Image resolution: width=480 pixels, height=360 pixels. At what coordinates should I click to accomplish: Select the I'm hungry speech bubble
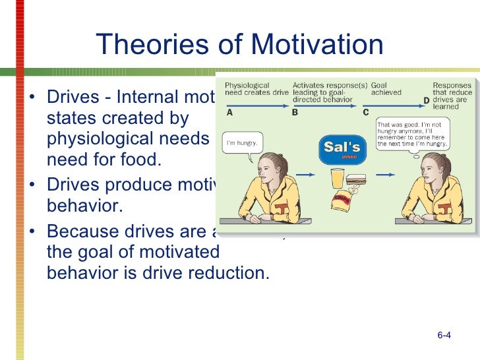click(241, 142)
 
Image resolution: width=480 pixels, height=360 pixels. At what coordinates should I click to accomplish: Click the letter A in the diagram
click(229, 112)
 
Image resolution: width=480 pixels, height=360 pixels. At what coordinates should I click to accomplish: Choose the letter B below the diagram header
click(295, 112)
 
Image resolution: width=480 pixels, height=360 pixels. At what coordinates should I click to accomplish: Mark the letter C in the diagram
click(366, 112)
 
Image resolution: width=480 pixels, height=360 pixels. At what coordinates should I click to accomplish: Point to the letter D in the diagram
click(426, 100)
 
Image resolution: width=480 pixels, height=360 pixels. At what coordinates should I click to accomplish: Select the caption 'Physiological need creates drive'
click(256, 89)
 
